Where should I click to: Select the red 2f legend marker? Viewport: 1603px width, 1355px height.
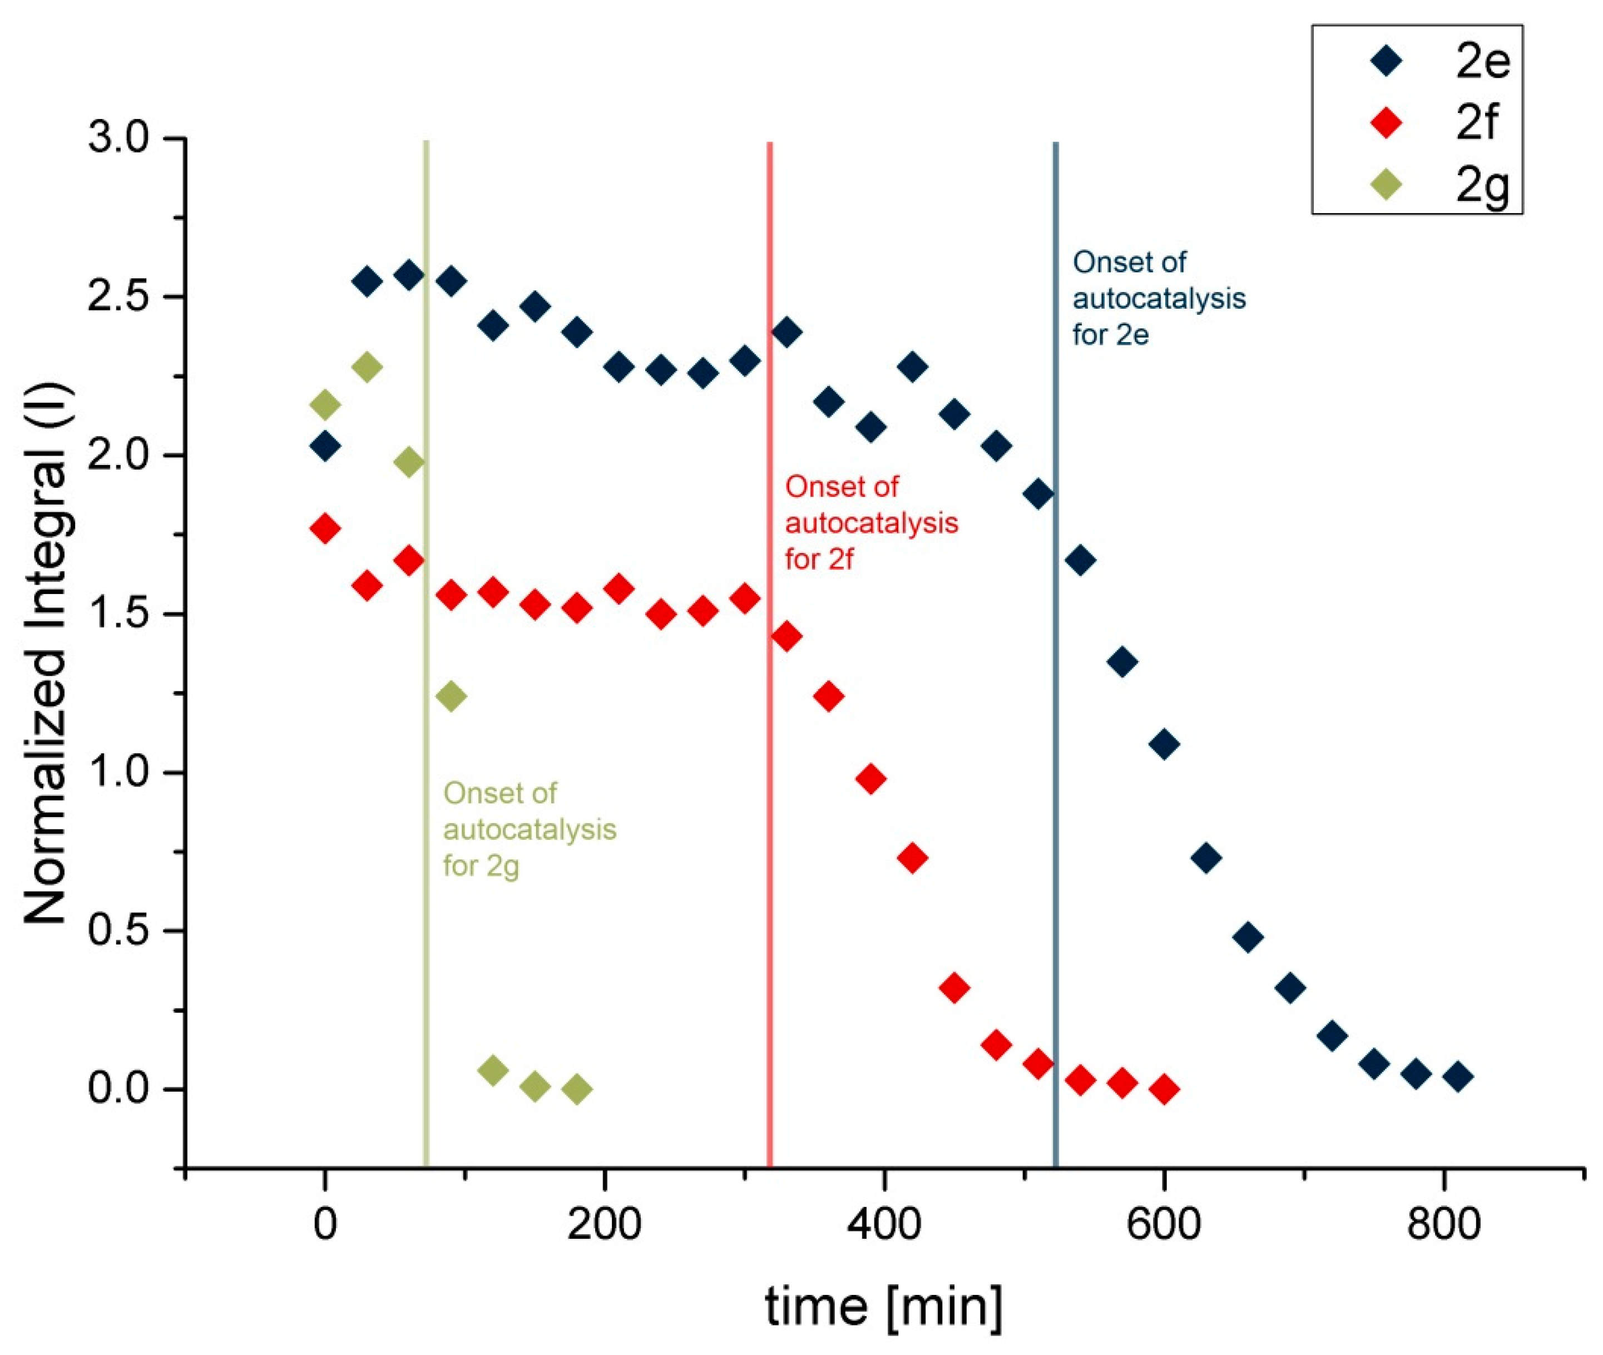click(x=1387, y=123)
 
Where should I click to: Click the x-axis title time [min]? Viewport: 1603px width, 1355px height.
click(x=884, y=1307)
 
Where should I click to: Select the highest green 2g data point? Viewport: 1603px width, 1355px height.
click(x=367, y=367)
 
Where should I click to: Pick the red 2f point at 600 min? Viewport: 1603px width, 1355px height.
click(x=1164, y=1089)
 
